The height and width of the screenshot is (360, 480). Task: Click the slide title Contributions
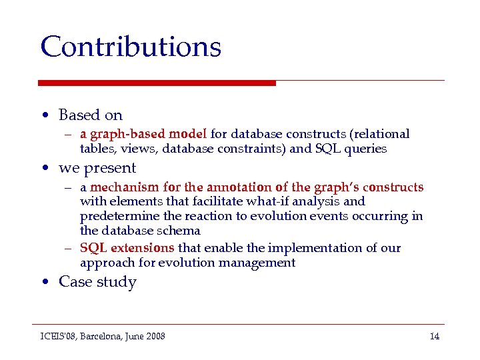click(131, 47)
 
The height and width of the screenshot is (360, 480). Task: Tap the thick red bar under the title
click(157, 83)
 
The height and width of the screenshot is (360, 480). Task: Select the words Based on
click(91, 115)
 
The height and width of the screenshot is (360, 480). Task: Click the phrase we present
click(97, 168)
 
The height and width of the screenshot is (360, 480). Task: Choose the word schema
click(177, 231)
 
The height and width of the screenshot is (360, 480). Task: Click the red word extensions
click(141, 248)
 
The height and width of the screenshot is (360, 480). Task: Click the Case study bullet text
click(97, 282)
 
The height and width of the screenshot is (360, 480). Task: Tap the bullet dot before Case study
click(44, 283)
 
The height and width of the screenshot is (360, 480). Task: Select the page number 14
click(434, 336)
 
